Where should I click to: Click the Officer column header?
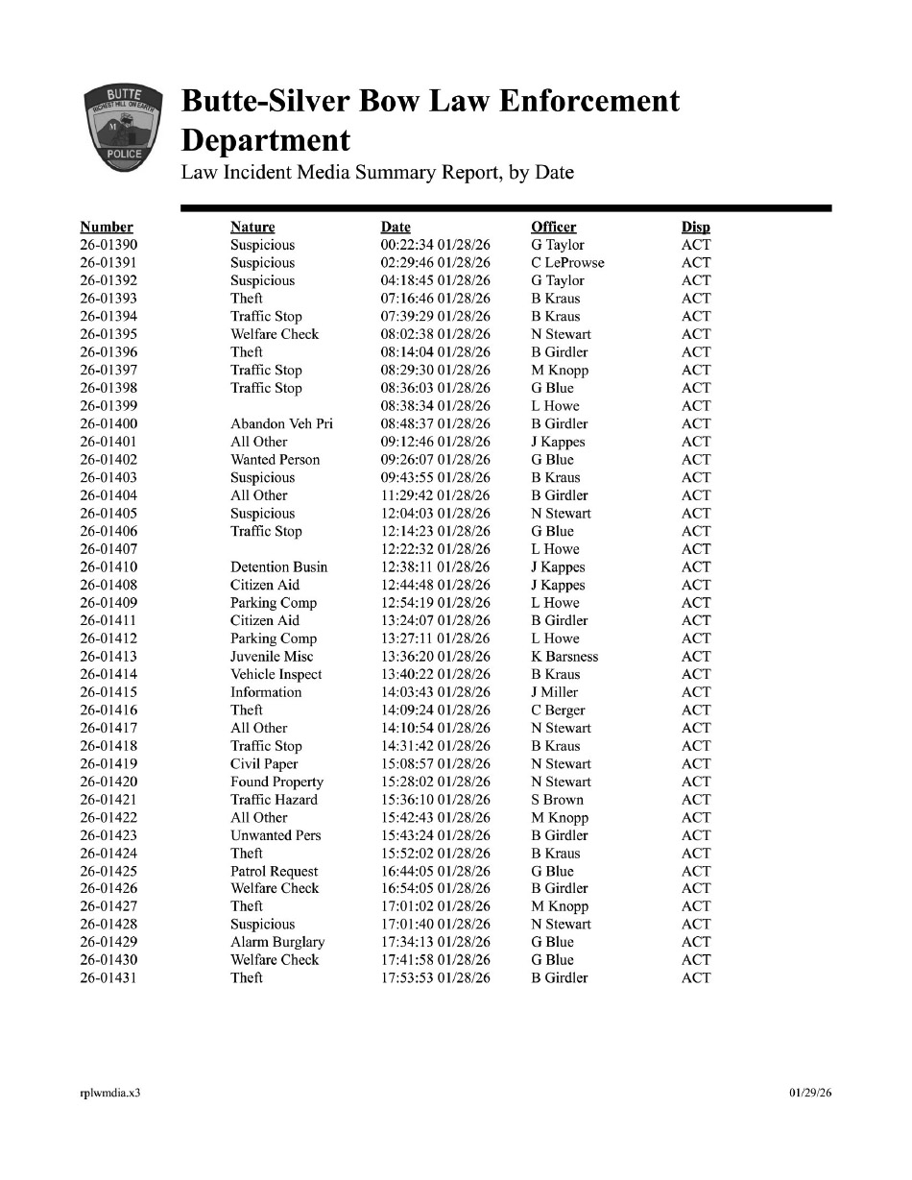click(553, 227)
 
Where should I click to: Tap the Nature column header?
click(252, 227)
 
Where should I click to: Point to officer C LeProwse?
click(567, 263)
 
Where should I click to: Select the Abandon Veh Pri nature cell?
click(281, 423)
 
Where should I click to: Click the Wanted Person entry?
click(275, 460)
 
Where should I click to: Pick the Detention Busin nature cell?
click(278, 567)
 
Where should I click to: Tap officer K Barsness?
click(564, 657)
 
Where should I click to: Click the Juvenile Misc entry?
click(272, 657)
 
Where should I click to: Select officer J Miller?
click(554, 692)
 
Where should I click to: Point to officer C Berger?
click(558, 710)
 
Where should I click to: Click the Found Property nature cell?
click(276, 782)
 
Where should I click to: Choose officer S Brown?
click(557, 800)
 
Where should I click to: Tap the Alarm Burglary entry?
click(277, 942)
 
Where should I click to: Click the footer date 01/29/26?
click(810, 1093)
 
